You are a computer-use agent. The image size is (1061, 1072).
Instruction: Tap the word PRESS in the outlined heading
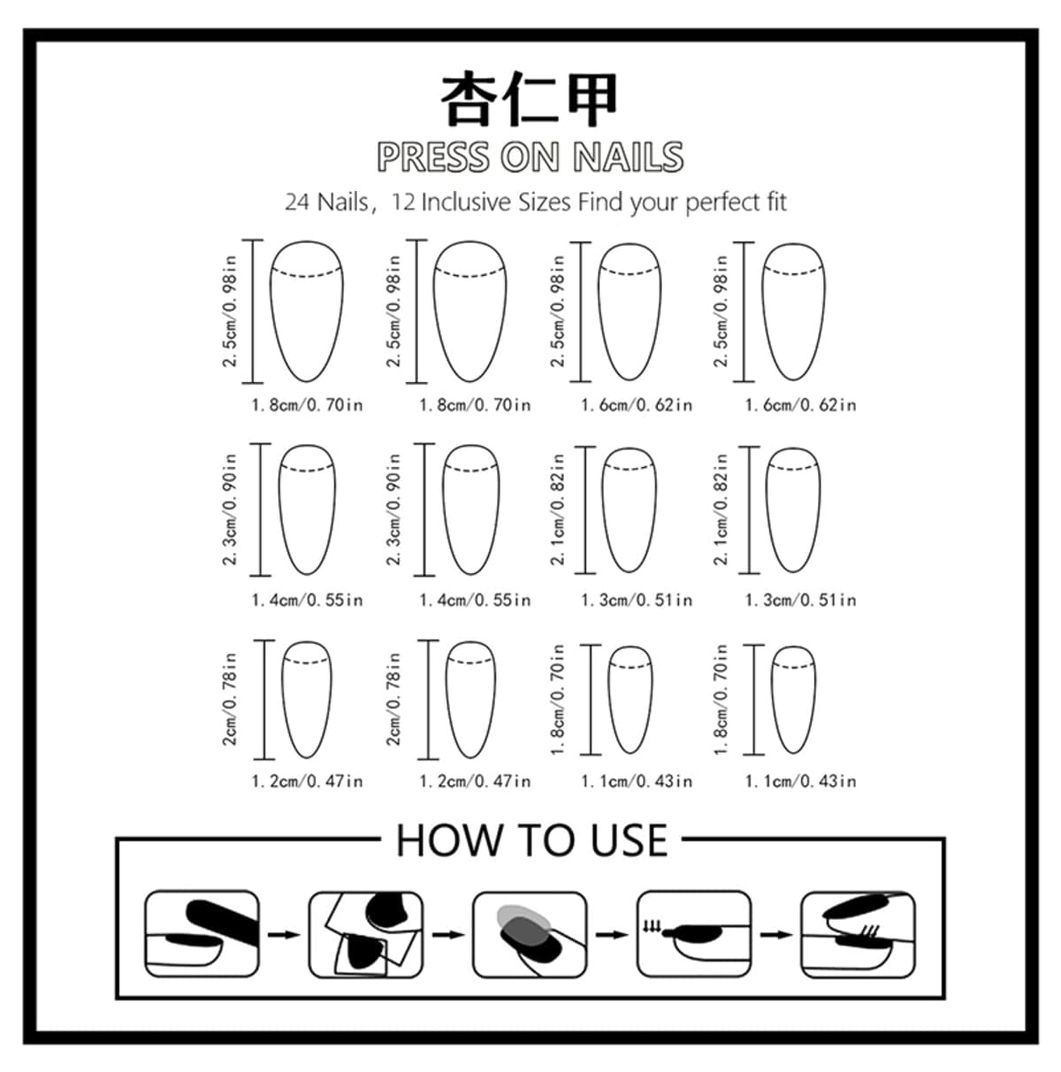click(433, 157)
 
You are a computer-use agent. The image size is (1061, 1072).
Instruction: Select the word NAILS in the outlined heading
click(628, 157)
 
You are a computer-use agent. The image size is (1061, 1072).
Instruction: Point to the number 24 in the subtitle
click(297, 202)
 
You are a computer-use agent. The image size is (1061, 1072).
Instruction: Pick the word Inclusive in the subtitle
click(469, 202)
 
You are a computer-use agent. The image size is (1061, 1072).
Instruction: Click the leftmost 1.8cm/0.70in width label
click(307, 405)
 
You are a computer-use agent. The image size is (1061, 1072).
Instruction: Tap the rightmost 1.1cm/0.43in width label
click(801, 781)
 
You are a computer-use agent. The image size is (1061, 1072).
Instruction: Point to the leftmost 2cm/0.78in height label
click(229, 700)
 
